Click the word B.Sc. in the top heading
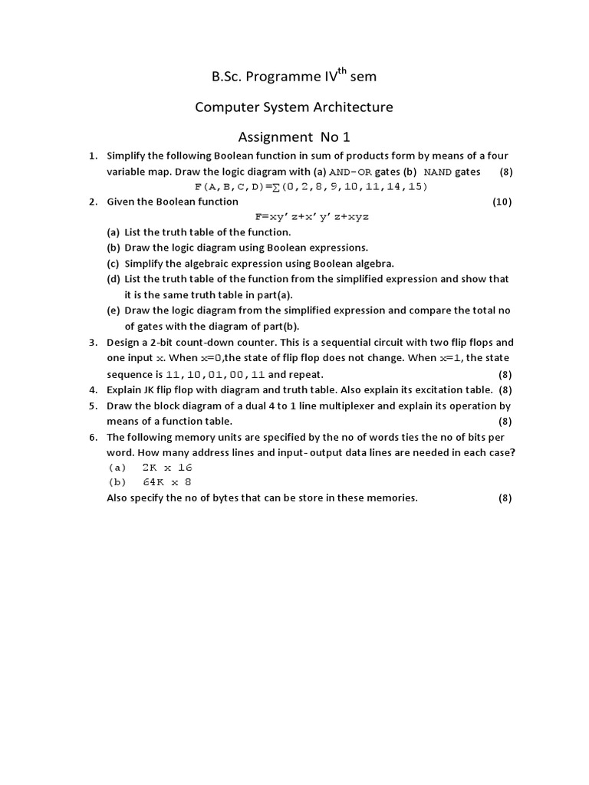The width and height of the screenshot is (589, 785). click(228, 77)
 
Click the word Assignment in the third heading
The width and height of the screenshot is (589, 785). click(273, 137)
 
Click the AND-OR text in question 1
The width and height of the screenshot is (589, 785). click(350, 172)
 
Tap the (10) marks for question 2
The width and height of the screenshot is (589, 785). click(502, 202)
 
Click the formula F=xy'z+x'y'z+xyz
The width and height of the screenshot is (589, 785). click(311, 217)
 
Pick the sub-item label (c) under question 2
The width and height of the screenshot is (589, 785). click(113, 264)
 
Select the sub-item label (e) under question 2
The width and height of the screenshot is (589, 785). click(113, 310)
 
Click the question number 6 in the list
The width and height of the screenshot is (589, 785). click(92, 437)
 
